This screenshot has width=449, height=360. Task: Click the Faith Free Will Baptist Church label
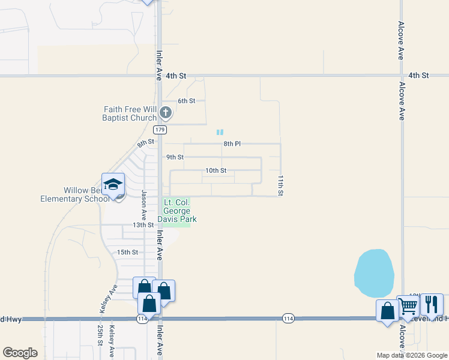[x=130, y=113]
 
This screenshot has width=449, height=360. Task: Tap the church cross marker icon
[x=166, y=112]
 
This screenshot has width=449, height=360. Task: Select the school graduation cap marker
[x=113, y=185]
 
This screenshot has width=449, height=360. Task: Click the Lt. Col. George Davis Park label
[x=177, y=211]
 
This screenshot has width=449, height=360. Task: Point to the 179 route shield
[x=160, y=130]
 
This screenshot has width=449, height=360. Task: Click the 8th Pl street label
[x=232, y=144]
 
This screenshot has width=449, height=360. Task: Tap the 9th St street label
[x=175, y=157]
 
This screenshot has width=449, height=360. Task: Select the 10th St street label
[x=215, y=170]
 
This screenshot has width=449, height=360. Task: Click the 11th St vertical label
[x=280, y=186]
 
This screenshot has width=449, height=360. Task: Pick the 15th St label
[x=127, y=253]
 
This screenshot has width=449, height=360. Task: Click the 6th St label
[x=187, y=101]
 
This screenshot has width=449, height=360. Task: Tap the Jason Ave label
[x=144, y=205]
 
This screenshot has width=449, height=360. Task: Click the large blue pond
[x=374, y=274]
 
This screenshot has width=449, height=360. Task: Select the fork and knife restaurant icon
[x=431, y=305]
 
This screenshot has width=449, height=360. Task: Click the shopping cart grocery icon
[x=409, y=306]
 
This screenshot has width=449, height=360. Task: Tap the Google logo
[x=20, y=353]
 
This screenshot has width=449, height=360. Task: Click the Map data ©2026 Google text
[x=412, y=355]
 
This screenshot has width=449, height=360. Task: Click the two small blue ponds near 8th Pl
[x=220, y=132]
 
